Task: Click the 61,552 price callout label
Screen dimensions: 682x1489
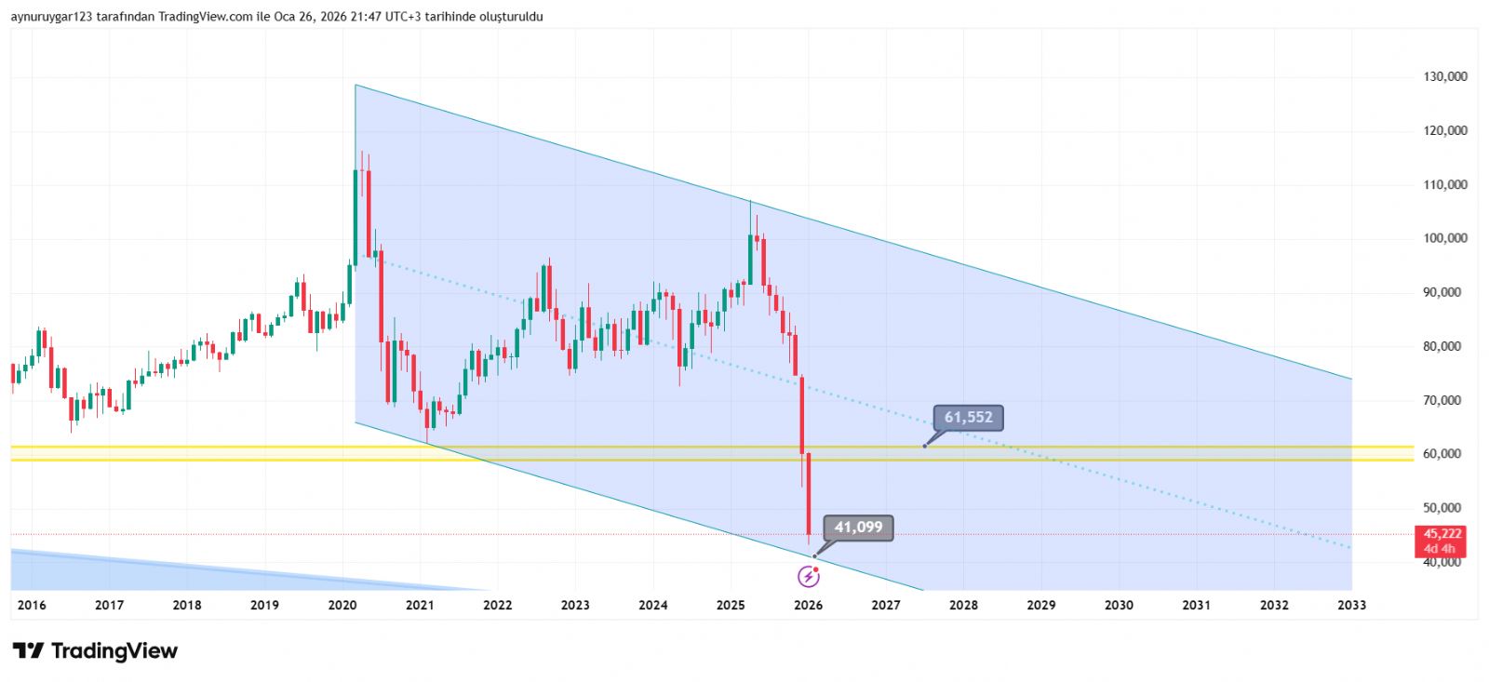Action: [x=969, y=418]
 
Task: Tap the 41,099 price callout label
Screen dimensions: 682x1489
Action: [x=858, y=528]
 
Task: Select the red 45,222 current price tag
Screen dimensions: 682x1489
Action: [x=1442, y=534]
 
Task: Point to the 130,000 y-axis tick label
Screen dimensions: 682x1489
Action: [x=1445, y=76]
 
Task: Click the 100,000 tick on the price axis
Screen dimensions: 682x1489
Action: [x=1445, y=238]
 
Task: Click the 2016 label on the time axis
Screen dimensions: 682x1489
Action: [x=32, y=605]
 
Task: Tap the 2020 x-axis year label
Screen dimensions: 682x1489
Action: [x=342, y=605]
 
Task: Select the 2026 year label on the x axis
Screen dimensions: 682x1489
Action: [x=809, y=605]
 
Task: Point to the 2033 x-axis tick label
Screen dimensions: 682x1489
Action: [x=1351, y=605]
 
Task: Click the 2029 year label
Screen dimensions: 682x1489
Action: [x=1040, y=605]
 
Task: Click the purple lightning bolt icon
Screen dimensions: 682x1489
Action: [x=809, y=577]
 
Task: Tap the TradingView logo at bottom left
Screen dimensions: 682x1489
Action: [x=95, y=650]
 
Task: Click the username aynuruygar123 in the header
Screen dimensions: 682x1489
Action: [x=51, y=17]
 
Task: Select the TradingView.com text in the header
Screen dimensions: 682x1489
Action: [x=206, y=17]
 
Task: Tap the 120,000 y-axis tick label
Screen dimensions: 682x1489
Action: [x=1445, y=130]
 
